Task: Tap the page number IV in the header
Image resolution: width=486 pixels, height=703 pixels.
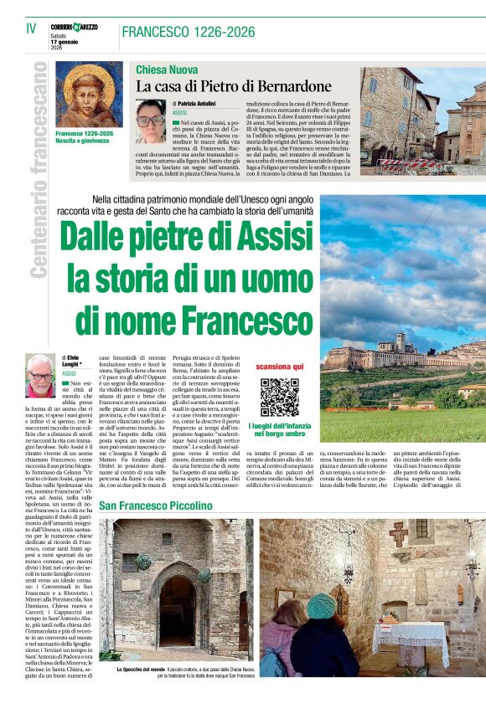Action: click(x=31, y=29)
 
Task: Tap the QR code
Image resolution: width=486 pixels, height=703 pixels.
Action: click(x=279, y=398)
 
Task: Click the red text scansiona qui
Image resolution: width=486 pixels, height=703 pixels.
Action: click(x=279, y=367)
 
